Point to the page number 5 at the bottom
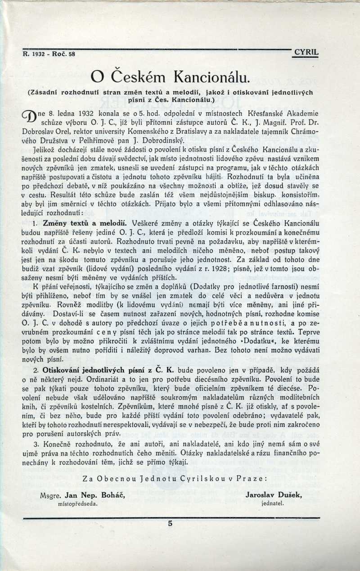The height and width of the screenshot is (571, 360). tap(170, 523)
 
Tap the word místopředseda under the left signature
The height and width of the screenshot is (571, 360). tap(78, 503)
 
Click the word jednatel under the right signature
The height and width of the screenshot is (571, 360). tap(272, 503)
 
